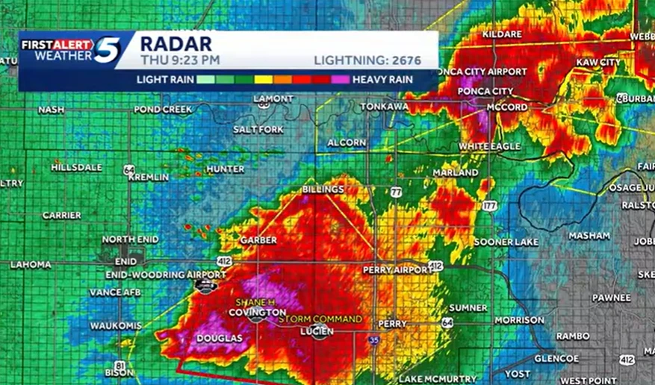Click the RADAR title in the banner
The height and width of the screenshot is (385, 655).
(176, 43)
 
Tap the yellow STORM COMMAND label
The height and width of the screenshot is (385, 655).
(320, 319)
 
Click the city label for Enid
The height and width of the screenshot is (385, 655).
(125, 262)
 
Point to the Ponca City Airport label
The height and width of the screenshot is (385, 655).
(471, 71)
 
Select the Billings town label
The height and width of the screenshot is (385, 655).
(323, 190)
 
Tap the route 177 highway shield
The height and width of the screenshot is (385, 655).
(490, 204)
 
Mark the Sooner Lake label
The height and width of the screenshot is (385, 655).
(505, 242)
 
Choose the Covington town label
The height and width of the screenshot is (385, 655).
(257, 313)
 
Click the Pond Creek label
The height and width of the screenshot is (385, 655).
(163, 110)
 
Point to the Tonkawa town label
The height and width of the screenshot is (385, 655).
(384, 107)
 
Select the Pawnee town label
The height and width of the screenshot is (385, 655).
(611, 297)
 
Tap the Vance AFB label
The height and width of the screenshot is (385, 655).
(115, 292)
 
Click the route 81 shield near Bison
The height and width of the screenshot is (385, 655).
(120, 365)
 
